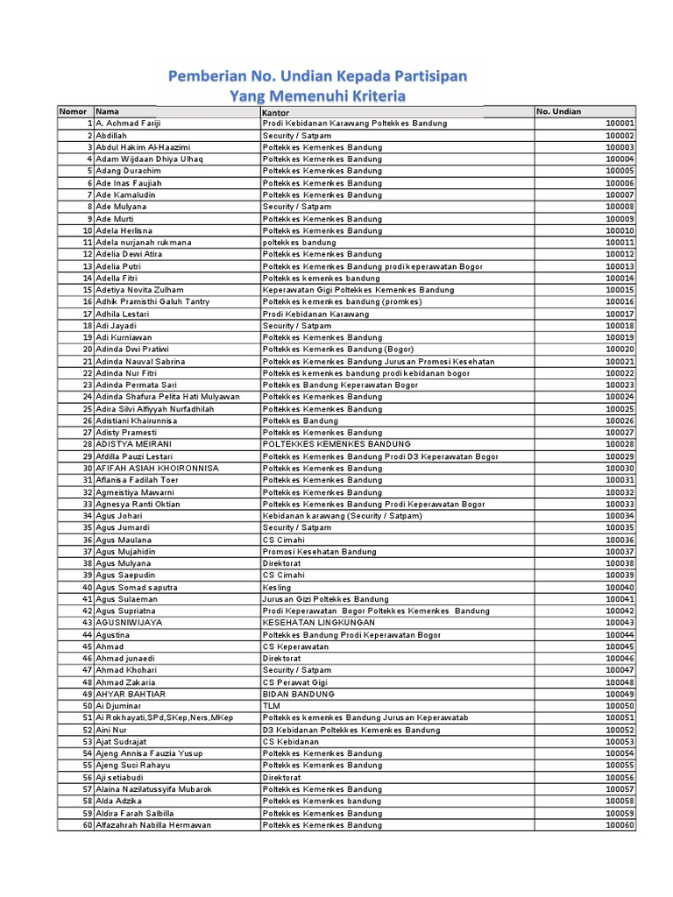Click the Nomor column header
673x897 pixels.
pos(74,112)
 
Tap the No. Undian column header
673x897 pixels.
pos(558,112)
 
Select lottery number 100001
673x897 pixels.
pos(620,124)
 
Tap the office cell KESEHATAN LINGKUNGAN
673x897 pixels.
pos(312,623)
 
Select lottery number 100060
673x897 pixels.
pos(620,825)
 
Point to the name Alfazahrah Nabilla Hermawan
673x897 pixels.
pos(153,825)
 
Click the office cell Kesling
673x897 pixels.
pos(276,587)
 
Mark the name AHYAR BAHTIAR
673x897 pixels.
pos(131,694)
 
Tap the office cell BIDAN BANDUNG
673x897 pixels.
pos(299,694)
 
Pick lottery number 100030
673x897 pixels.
pos(620,468)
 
